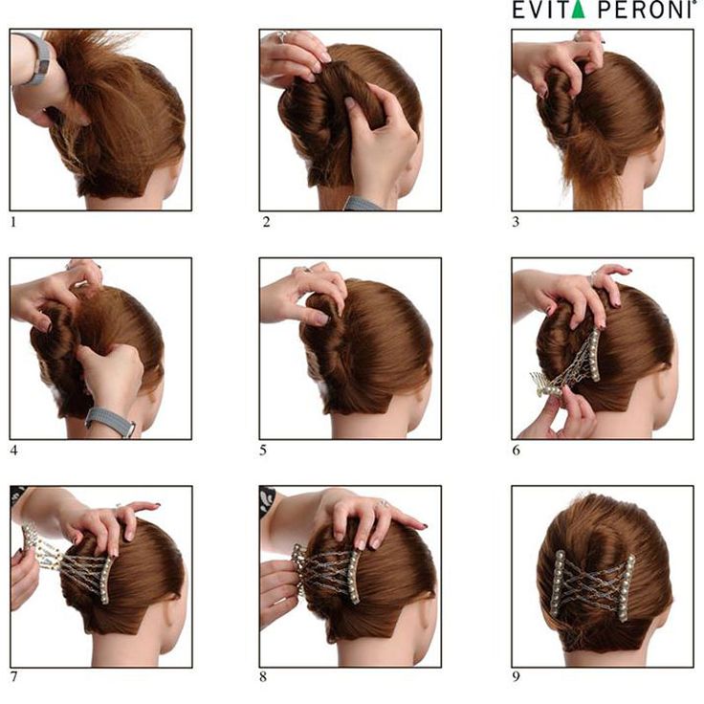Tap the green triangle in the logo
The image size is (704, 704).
pos(578,10)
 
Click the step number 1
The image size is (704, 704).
pos(13,222)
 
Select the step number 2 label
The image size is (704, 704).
pos(266,222)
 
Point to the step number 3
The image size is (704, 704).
pos(516,222)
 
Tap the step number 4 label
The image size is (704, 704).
pos(14,451)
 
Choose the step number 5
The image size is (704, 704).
pos(263,451)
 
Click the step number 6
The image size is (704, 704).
pos(517,451)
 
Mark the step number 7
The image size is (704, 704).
pos(14,676)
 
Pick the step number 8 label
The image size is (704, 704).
pos(263,676)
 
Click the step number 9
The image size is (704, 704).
pos(517,676)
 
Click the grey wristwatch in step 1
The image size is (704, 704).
pos(38,58)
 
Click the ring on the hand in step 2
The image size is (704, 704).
pos(281,36)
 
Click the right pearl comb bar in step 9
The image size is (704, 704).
pos(628,587)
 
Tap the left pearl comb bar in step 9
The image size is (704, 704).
pos(558,584)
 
